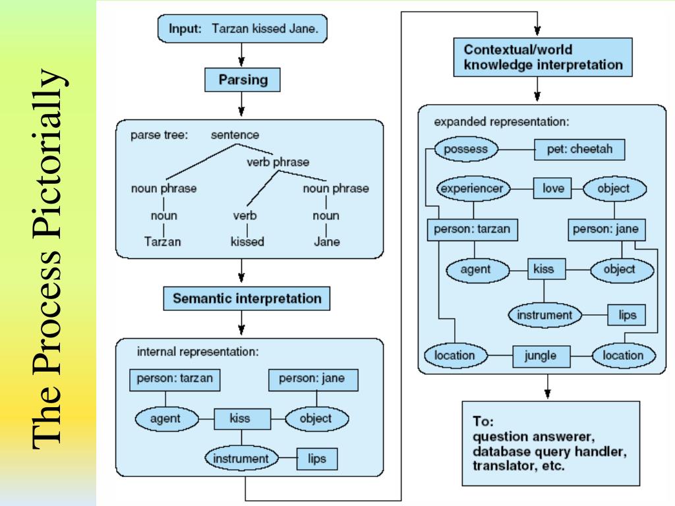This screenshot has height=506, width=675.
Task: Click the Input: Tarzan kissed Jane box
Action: (243, 29)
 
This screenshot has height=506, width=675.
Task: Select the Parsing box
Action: (243, 80)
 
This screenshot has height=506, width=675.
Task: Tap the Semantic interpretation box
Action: (247, 298)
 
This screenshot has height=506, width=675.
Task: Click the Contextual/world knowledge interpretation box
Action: (543, 57)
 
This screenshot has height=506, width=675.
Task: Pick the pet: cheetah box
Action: (579, 150)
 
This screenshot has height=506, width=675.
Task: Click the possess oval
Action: (466, 150)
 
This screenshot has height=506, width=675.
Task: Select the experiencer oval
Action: (472, 188)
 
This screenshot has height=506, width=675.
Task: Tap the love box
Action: (553, 188)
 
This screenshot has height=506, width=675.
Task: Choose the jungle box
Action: (541, 356)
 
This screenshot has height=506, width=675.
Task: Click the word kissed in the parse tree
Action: (247, 242)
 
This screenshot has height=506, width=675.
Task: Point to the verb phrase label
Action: (278, 162)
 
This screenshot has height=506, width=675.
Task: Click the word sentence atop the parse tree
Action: (235, 135)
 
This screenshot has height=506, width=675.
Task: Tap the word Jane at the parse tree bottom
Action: (327, 242)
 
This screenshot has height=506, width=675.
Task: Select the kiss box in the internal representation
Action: (243, 419)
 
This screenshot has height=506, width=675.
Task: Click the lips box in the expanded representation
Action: (626, 315)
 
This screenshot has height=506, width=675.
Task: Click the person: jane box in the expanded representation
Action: (606, 230)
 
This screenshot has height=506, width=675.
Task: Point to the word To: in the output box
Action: (483, 421)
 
